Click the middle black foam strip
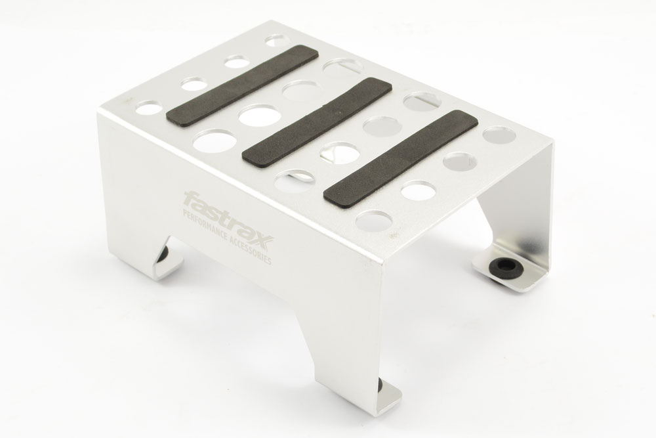click(x=317, y=122)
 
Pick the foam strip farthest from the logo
click(x=401, y=159)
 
